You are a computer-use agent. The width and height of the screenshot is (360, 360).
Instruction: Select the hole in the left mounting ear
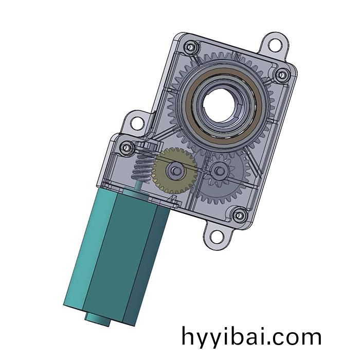pos(137,123)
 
